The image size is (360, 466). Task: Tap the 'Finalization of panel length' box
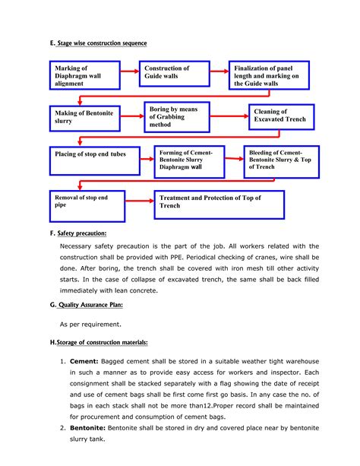pyautogui.click(x=270, y=77)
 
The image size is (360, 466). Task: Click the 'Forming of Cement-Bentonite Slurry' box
pyautogui.click(x=189, y=160)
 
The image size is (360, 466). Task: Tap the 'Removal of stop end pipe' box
pyautogui.click(x=89, y=204)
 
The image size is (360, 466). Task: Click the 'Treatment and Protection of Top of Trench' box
pyautogui.click(x=219, y=204)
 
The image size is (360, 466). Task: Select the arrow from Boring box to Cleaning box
pyautogui.click(x=232, y=116)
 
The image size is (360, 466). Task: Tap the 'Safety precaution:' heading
pyautogui.click(x=85, y=233)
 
